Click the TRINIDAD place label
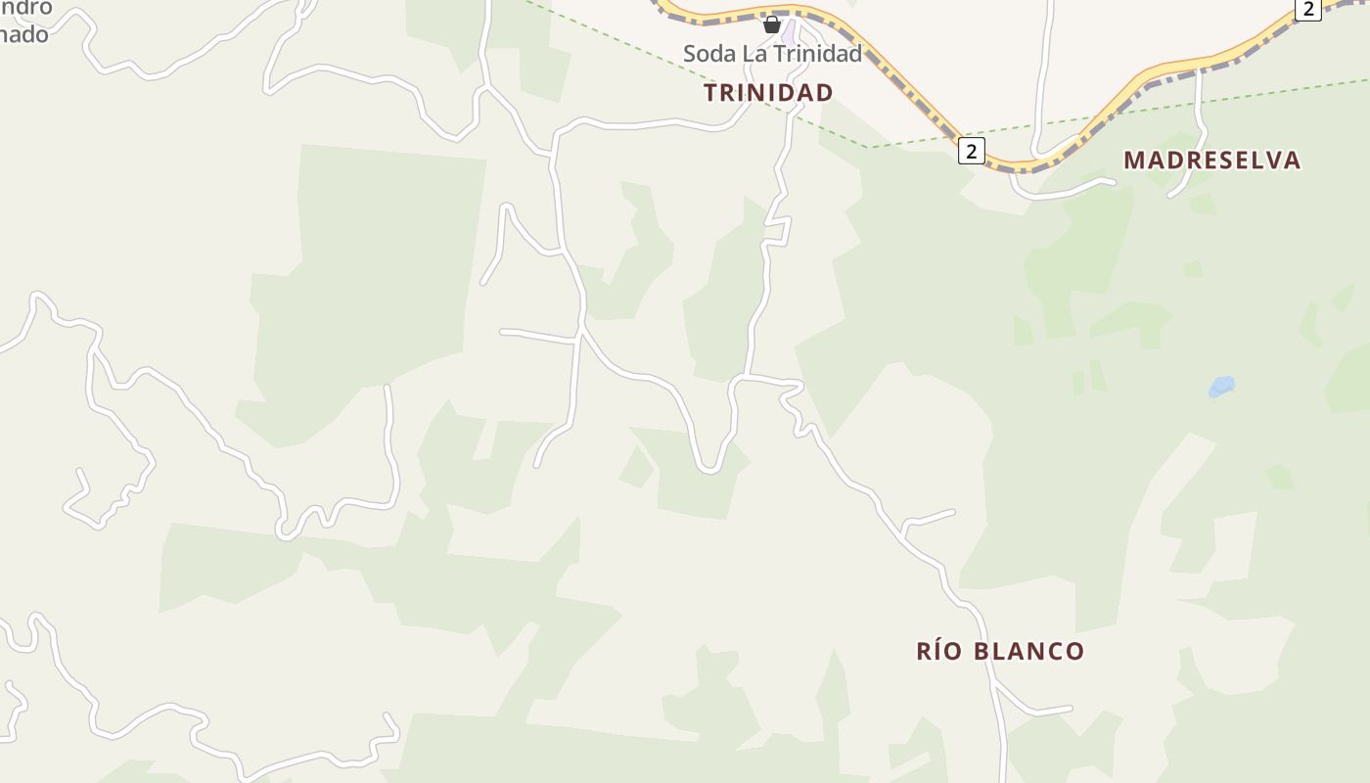tap(768, 93)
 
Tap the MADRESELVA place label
tap(1211, 161)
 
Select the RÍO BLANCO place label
tap(1000, 651)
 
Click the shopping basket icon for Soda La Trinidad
tap(772, 24)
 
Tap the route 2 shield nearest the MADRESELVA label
tap(971, 151)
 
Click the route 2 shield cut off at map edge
tap(1308, 9)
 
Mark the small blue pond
tap(1221, 387)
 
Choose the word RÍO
tap(938, 651)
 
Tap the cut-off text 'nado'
tap(23, 34)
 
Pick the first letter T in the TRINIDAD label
tap(711, 93)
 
